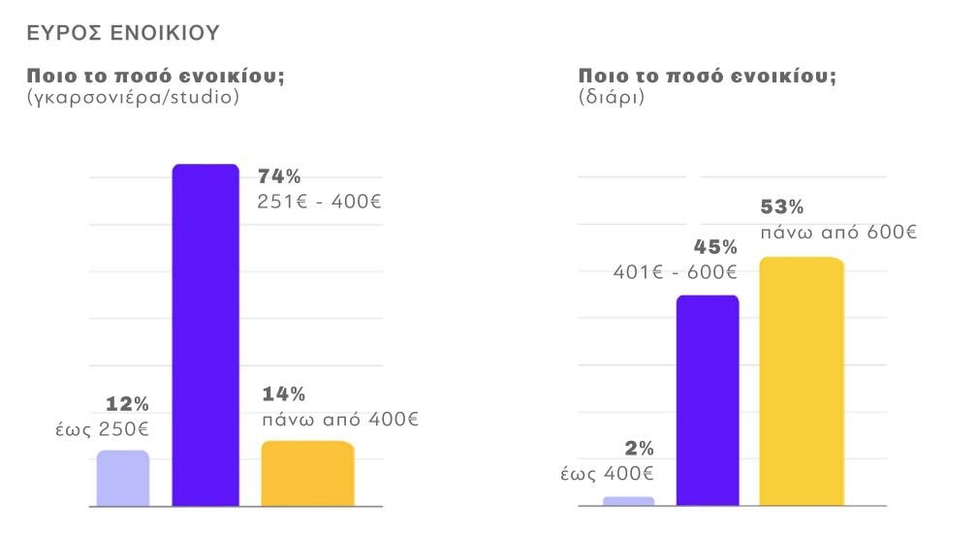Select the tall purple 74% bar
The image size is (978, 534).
[x=205, y=334]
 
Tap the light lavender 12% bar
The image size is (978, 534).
[x=123, y=478]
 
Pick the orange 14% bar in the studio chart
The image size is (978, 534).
[x=307, y=473]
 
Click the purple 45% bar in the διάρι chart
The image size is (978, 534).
[x=707, y=399]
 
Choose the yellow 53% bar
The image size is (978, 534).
[x=801, y=381]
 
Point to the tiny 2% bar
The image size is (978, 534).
[x=628, y=501]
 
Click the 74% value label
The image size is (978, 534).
[x=279, y=176]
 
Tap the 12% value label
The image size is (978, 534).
[x=127, y=403]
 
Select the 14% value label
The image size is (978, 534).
[x=284, y=393]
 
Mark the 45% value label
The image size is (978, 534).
[x=715, y=247]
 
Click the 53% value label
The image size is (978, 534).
[x=782, y=207]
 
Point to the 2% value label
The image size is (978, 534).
[x=639, y=449]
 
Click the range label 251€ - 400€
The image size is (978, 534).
[x=320, y=203]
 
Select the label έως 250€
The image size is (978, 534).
[x=102, y=428]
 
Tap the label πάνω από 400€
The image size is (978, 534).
[x=339, y=420]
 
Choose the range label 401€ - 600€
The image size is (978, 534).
[x=675, y=272]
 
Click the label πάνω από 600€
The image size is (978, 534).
[x=837, y=233]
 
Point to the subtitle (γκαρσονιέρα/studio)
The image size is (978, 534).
[x=133, y=98]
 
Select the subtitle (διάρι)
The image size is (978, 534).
[x=611, y=98]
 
